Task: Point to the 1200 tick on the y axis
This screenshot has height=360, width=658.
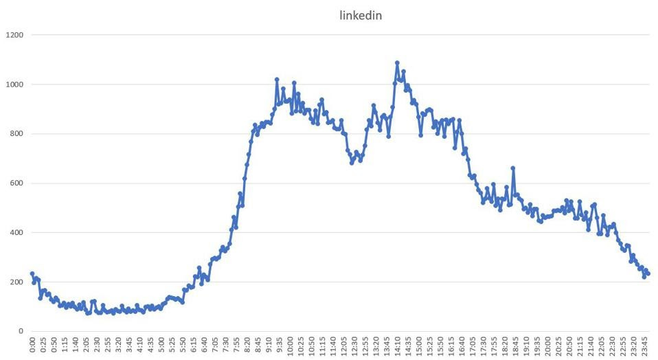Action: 14,34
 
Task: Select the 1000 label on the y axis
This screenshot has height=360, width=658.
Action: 14,84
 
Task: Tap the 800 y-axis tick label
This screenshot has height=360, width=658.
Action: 16,133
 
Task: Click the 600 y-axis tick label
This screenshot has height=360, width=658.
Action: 16,183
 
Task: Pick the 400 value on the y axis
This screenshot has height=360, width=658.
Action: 16,232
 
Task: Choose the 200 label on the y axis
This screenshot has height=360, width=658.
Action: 16,282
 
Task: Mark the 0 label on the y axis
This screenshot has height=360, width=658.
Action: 21,331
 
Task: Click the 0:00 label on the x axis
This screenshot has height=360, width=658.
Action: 33,344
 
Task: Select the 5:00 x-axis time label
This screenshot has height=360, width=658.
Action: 161,344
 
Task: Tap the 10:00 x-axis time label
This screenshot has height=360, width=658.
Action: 290,346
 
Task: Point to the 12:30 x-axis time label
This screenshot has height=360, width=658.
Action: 354,346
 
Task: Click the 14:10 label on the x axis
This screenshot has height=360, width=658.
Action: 397,346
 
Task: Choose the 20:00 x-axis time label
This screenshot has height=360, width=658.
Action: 547,346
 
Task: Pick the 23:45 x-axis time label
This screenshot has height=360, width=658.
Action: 644,346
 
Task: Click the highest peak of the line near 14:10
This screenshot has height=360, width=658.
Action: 397,63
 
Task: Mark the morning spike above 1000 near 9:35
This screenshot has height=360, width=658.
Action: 277,80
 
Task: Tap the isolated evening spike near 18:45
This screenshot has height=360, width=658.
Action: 513,168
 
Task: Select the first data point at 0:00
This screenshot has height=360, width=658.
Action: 32,273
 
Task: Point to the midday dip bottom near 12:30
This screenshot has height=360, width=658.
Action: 352,163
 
